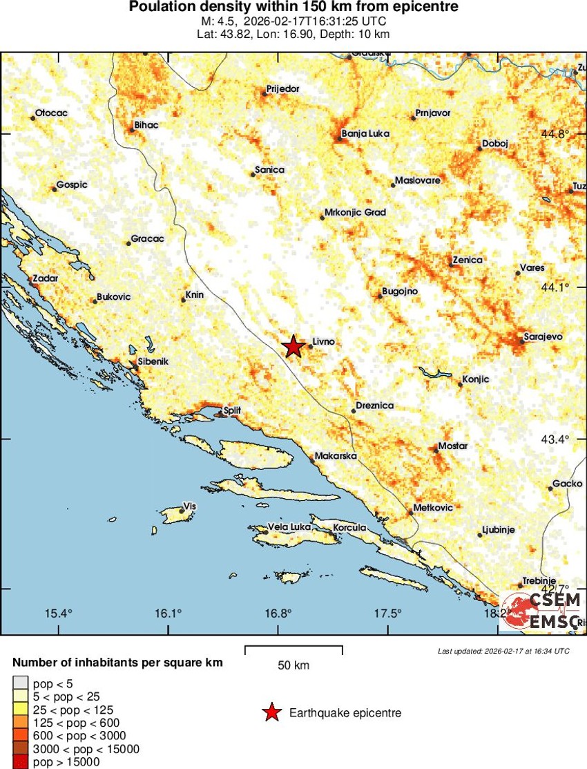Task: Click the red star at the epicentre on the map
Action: [x=293, y=346]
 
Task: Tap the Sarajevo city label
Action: [x=544, y=336]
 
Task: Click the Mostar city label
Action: [x=453, y=446]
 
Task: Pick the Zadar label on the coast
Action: [x=46, y=278]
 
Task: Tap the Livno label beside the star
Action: [x=323, y=341]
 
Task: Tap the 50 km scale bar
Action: [x=294, y=647]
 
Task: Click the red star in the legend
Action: [x=272, y=713]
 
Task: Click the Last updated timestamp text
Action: [x=503, y=651]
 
